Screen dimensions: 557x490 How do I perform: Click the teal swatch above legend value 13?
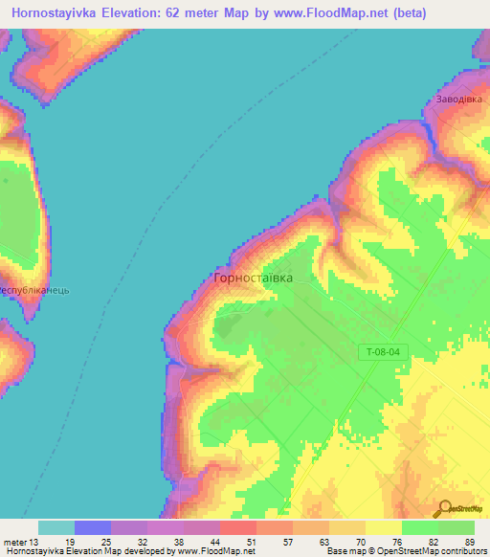(56, 527)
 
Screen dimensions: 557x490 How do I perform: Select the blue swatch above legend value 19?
(93, 527)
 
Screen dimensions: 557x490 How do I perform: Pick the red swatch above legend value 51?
(238, 527)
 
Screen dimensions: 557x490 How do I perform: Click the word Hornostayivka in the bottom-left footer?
(34, 551)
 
